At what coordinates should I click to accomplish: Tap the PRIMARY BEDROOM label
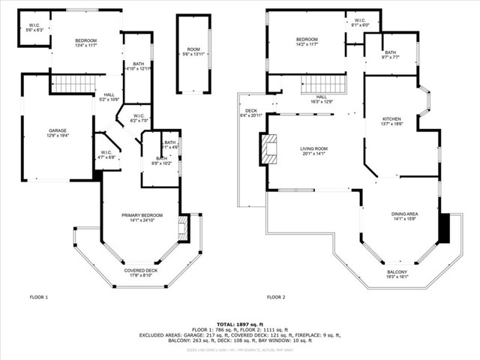142,218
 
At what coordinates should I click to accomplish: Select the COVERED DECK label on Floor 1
141,272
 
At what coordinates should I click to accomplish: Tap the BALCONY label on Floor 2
397,274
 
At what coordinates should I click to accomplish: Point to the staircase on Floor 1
70,82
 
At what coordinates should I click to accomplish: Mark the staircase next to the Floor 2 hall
323,83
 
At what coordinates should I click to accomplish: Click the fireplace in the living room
269,148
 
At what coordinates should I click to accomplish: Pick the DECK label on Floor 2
251,113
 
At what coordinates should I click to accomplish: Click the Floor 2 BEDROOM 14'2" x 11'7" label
307,42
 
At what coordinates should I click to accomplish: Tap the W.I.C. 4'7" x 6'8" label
107,155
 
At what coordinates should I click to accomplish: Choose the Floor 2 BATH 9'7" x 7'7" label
391,54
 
